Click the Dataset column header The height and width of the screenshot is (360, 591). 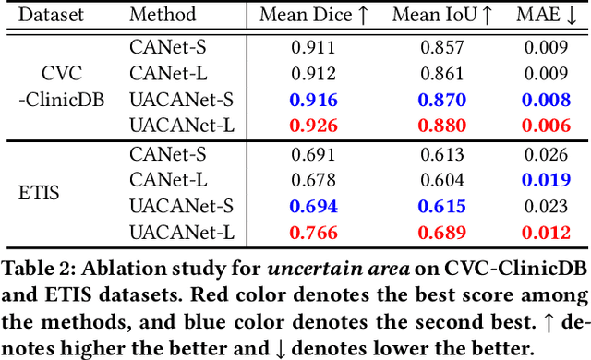click(x=51, y=15)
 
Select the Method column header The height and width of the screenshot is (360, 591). click(x=163, y=15)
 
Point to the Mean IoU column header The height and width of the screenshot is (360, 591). click(x=437, y=15)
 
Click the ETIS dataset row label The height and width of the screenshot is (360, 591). click(x=39, y=195)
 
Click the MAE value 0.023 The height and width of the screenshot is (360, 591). click(x=550, y=207)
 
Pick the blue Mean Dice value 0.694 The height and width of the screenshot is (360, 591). click(x=313, y=207)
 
